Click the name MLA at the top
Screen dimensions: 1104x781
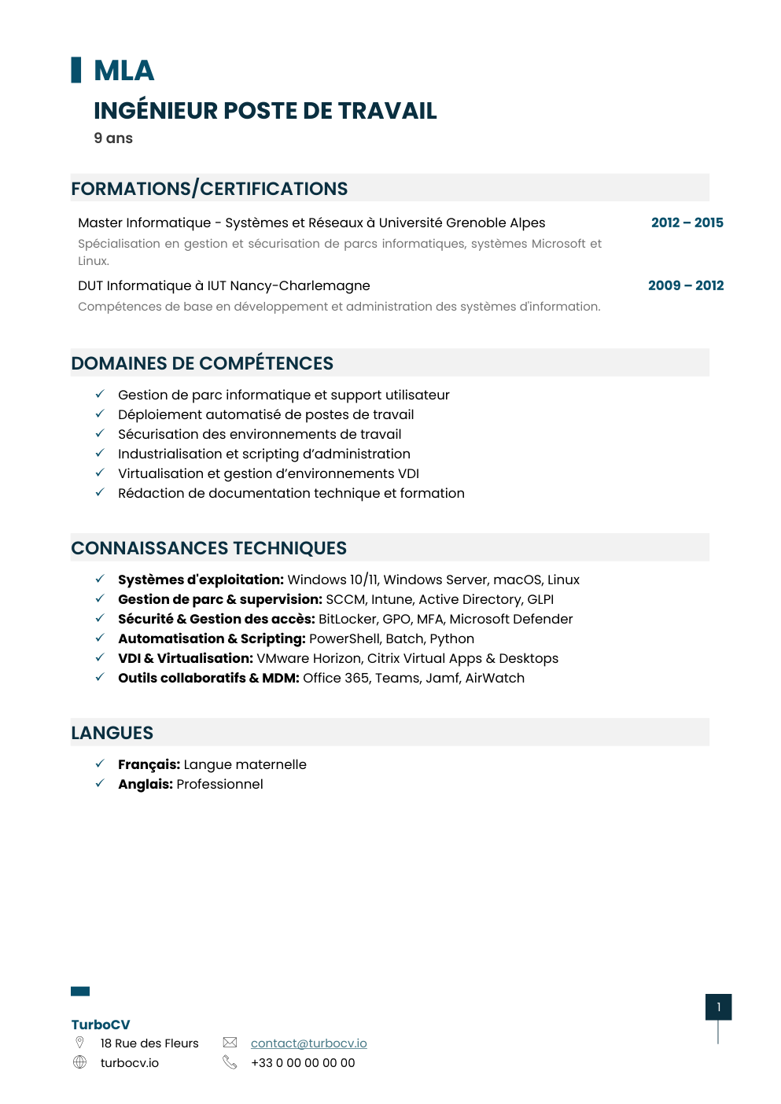click(x=123, y=71)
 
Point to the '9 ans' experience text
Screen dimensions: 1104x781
click(x=113, y=138)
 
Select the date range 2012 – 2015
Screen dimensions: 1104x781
click(x=687, y=223)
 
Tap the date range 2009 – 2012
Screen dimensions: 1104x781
click(x=685, y=285)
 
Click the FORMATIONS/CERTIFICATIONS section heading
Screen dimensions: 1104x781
click(x=209, y=189)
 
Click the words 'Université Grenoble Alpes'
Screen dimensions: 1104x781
click(x=462, y=223)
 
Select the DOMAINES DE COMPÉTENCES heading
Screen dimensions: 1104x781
click(x=202, y=363)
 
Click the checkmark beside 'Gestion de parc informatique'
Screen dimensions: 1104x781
click(x=100, y=394)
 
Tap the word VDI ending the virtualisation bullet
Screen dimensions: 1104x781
click(x=408, y=473)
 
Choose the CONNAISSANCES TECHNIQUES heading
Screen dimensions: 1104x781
click(x=208, y=548)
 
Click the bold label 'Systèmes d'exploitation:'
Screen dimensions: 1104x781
click(x=201, y=580)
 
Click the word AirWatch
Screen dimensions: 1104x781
click(x=495, y=678)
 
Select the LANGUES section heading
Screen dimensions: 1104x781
click(x=112, y=733)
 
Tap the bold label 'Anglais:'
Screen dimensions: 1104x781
click(x=146, y=784)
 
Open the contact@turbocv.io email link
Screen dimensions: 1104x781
click(x=308, y=1043)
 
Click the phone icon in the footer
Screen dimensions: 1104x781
click(x=230, y=1062)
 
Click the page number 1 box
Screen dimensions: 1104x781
click(x=718, y=1006)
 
